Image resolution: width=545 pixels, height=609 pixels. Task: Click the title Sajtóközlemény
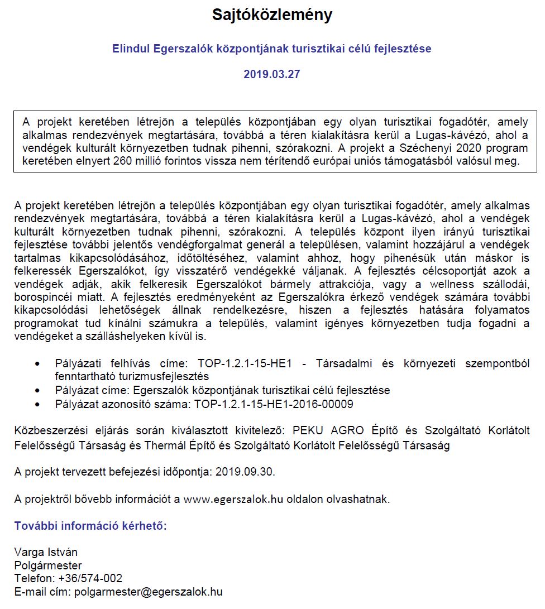[272, 15]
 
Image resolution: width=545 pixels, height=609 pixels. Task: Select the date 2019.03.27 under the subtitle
[272, 74]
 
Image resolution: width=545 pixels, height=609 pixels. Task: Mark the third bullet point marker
[37, 404]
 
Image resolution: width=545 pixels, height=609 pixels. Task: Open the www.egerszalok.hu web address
[233, 499]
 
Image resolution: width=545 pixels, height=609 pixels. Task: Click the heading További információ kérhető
[90, 526]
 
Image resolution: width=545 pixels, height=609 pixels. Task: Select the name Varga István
[46, 552]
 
